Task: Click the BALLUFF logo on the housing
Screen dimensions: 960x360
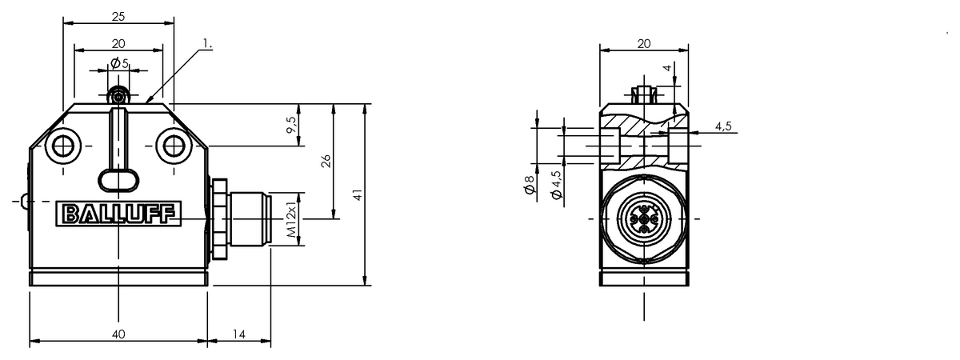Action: pos(118,214)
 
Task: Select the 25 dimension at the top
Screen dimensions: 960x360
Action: pos(118,17)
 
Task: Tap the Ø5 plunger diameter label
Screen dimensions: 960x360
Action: pos(119,64)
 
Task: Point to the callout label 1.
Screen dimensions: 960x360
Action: pos(207,43)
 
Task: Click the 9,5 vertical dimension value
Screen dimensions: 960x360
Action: pos(291,125)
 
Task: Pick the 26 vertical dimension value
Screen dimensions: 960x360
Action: pos(326,161)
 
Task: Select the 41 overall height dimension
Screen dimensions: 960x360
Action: pos(358,195)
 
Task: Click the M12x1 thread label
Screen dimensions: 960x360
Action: pos(291,218)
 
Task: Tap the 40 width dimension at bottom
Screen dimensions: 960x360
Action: pos(118,334)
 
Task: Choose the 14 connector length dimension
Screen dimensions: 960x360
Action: pos(238,334)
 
